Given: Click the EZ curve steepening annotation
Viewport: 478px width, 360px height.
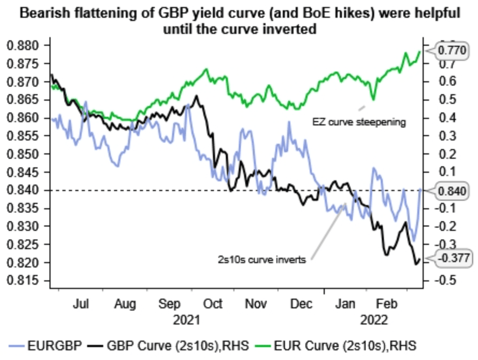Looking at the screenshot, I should coord(359,122).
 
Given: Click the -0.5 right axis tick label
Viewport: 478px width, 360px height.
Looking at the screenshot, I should coord(436,281).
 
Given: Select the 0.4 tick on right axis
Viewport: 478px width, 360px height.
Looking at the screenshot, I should coord(434,118).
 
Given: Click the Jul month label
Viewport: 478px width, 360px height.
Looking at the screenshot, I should coord(81,304).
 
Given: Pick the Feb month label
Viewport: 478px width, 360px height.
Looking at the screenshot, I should coord(384,304).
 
